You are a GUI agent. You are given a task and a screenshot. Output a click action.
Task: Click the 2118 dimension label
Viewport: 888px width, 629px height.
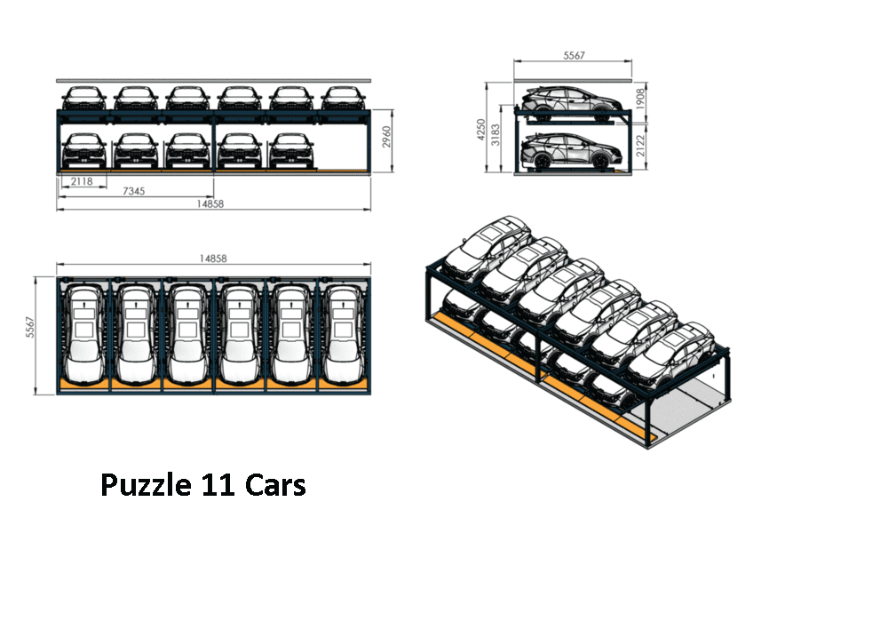[x=81, y=182]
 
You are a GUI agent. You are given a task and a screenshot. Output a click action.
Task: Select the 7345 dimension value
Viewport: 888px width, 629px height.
[x=136, y=192]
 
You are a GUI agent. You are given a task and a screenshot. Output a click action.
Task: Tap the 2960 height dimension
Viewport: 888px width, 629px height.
[x=385, y=138]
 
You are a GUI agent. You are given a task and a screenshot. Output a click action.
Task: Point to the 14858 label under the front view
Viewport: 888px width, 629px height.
[x=213, y=204]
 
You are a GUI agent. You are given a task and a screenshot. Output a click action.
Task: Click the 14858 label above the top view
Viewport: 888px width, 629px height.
[x=213, y=259]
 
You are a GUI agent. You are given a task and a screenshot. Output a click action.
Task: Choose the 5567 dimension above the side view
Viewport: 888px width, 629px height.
[x=574, y=55]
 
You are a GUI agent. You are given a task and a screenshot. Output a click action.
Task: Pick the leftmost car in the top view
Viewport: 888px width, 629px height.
[x=83, y=333]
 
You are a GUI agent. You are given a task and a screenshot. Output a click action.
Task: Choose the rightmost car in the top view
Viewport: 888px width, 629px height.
[x=344, y=333]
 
